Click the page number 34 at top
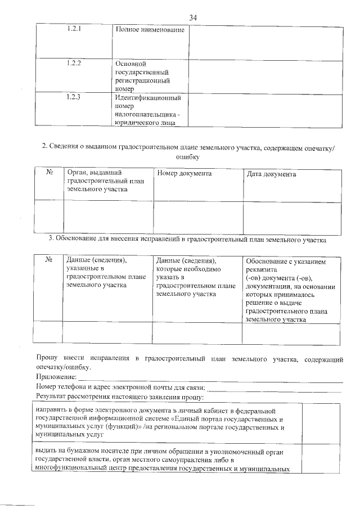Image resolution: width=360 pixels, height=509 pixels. point(193,18)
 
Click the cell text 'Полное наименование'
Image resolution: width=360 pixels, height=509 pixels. point(150,29)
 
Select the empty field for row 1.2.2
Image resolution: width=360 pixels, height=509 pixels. point(265,76)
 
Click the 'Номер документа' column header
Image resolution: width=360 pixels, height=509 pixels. point(184,174)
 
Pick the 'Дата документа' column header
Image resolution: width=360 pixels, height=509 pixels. point(271,174)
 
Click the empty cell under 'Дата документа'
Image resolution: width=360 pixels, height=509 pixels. point(291,217)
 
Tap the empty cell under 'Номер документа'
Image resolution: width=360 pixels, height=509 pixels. point(198,217)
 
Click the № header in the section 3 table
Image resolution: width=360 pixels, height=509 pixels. point(49,260)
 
